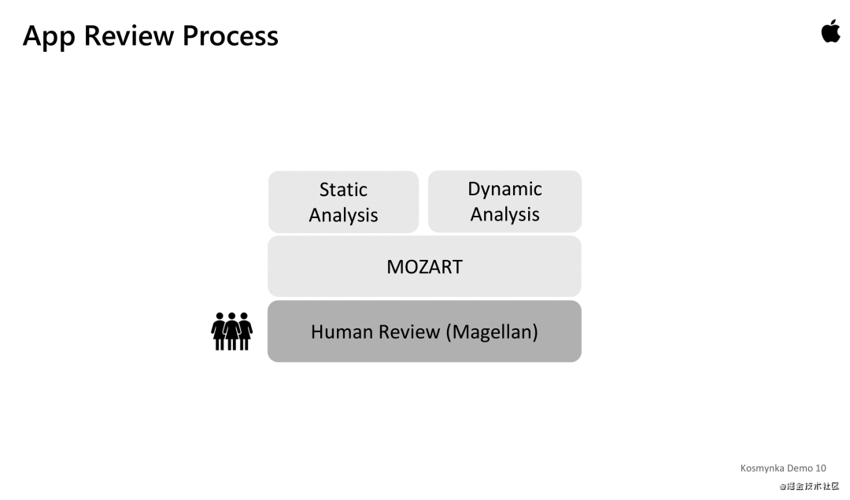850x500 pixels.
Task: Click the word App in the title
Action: [50, 36]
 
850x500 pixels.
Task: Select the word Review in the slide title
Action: [129, 35]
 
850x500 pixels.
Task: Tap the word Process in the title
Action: [231, 35]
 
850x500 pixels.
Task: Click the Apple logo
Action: [830, 32]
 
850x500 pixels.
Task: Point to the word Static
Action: [343, 190]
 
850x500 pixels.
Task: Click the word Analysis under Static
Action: [343, 215]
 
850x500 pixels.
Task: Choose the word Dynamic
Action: [504, 189]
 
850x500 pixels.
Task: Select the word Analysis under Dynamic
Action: [504, 214]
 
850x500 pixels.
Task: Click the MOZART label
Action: [424, 267]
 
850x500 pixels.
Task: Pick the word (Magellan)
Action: [492, 331]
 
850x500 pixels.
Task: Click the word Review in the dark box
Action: [410, 331]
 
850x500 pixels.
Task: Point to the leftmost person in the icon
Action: [220, 331]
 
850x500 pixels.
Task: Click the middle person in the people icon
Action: [232, 331]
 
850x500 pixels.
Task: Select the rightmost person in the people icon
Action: [245, 331]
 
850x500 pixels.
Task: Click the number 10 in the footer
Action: [821, 468]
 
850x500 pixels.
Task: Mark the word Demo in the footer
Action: [800, 468]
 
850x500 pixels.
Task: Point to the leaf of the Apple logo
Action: [833, 23]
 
